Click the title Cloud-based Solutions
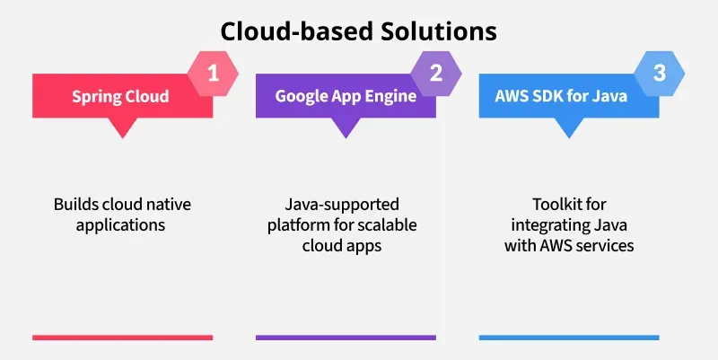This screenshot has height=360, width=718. click(x=358, y=31)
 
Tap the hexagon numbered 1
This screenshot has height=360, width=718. click(x=213, y=74)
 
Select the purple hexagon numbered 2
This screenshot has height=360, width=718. click(x=436, y=74)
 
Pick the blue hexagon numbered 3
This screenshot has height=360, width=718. click(x=660, y=74)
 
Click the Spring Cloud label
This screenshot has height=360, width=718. click(x=120, y=97)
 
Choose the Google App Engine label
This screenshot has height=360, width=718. click(x=346, y=96)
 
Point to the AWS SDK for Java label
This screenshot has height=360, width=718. click(x=561, y=96)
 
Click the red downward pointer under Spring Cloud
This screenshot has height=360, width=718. click(x=122, y=127)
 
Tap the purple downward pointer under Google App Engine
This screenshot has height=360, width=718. click(x=346, y=127)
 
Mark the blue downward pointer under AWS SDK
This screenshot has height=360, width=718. click(x=569, y=127)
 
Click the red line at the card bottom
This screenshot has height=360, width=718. click(x=123, y=338)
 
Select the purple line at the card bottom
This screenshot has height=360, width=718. click(x=346, y=338)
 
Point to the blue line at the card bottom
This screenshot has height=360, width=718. click(x=569, y=338)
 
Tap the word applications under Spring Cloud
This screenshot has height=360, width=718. click(x=120, y=225)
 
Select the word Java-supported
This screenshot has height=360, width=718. click(x=342, y=205)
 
